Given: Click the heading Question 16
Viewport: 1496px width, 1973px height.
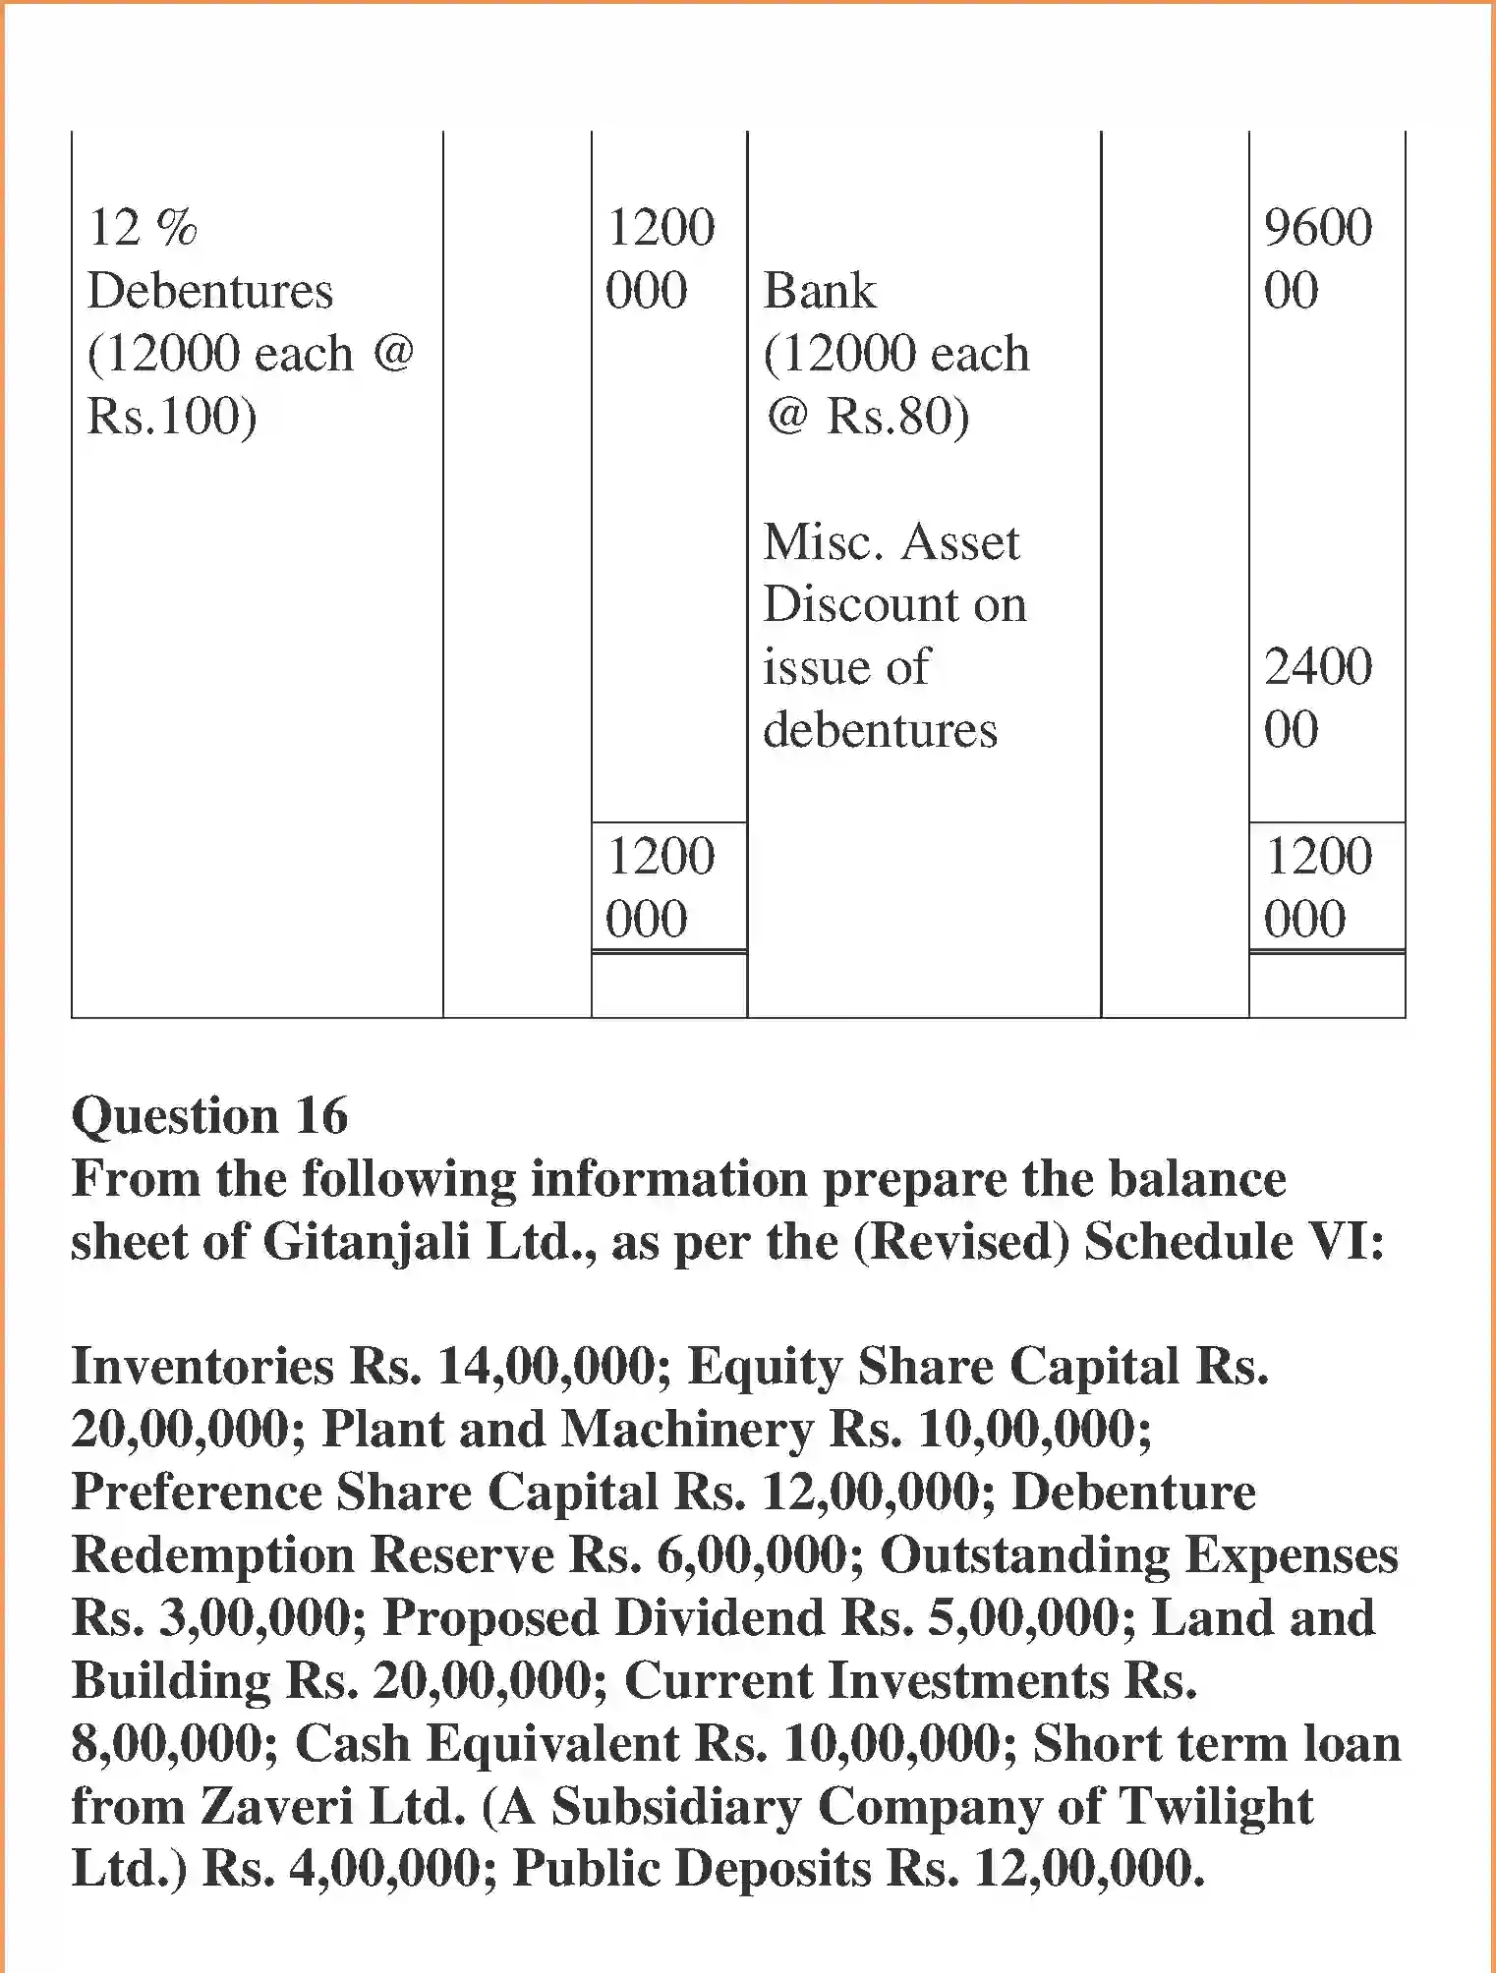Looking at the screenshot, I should click(209, 1116).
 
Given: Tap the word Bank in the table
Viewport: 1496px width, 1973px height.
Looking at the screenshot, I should click(819, 291).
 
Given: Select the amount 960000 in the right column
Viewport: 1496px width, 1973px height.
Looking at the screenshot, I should click(1317, 257).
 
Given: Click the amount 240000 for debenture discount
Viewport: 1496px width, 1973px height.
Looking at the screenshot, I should click(1317, 697).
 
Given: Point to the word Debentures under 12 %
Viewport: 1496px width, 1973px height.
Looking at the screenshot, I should click(210, 291).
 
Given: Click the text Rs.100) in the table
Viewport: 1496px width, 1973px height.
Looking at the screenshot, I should click(172, 416).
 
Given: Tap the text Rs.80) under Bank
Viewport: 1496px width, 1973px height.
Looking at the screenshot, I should click(897, 416).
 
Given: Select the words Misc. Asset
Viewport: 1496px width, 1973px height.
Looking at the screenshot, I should click(892, 542).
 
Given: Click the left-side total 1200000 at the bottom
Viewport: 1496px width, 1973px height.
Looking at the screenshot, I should click(660, 886).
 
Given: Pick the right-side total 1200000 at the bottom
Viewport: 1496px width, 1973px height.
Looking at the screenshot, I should click(1317, 886).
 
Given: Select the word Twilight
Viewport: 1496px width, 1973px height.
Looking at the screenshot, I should click(1215, 1807).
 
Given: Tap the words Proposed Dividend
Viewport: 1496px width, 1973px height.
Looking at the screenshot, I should click(604, 1618).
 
